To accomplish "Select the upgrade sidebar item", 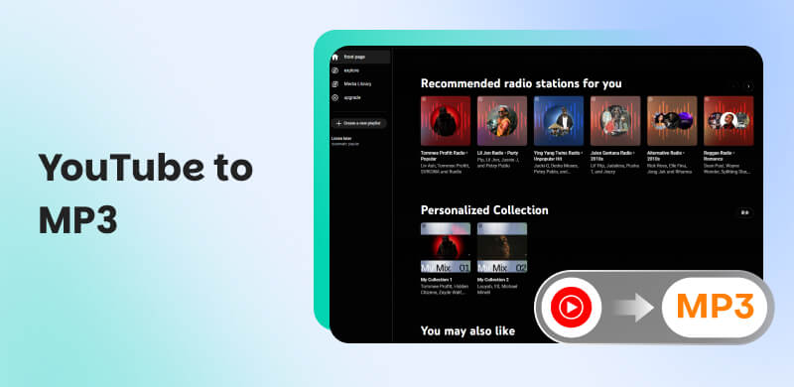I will pos(354,98).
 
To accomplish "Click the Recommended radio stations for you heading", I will pos(521,84).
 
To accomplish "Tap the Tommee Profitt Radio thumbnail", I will pos(446,120).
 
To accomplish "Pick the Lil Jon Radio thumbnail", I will pos(502,120).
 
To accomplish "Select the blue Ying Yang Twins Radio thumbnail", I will pos(559,120).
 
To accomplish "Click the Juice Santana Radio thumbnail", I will pos(615,120).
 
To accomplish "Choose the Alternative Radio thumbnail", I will pos(672,120).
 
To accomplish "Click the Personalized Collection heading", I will pos(484,210).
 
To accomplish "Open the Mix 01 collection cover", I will pos(446,248).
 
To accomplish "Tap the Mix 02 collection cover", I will pos(502,248).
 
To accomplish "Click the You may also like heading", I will pos(467,330).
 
